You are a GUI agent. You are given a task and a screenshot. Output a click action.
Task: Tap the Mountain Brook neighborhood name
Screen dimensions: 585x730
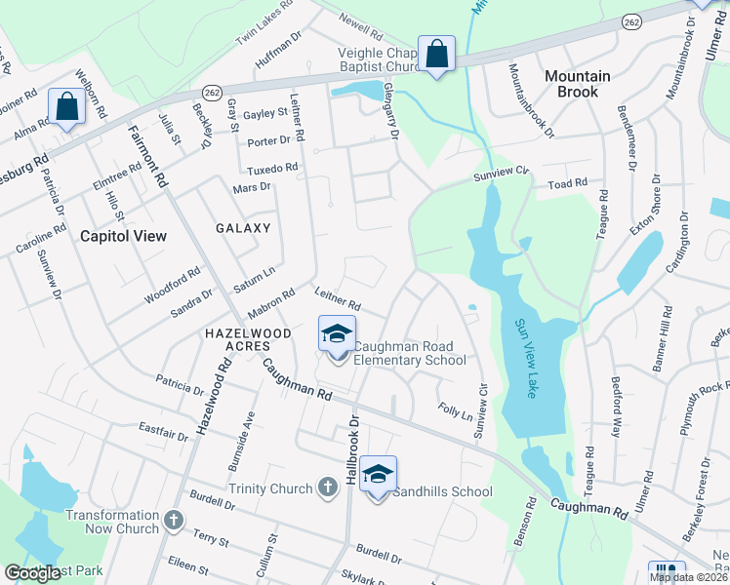[578, 83]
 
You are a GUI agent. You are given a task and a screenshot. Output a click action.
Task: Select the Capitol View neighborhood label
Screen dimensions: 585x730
[123, 236]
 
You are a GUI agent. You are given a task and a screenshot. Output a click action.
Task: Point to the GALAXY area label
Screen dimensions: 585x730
[243, 228]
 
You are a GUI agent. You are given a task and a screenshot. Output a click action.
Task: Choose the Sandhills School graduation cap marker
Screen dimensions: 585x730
[378, 475]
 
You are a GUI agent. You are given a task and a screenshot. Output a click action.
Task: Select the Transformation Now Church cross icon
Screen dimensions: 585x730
[174, 522]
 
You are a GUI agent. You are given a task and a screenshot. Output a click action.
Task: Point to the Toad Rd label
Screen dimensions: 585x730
[567, 183]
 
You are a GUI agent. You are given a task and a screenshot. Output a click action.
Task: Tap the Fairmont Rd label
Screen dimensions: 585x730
[149, 158]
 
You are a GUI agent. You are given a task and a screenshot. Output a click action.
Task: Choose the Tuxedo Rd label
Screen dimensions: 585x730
[272, 169]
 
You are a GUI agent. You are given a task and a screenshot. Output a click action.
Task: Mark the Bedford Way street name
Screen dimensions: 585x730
[616, 374]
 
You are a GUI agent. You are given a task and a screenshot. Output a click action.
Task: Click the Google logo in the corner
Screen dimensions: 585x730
[32, 574]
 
